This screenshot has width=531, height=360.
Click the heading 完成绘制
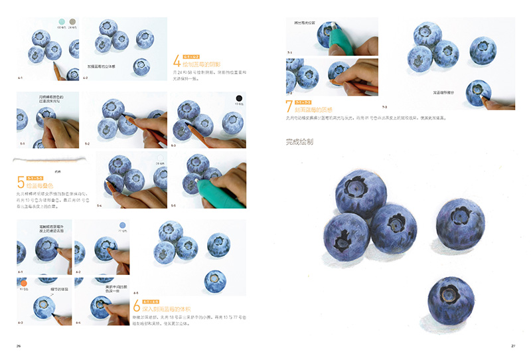coord(299,141)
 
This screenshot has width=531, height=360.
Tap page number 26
coord(19,346)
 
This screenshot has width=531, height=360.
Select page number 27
coord(513,346)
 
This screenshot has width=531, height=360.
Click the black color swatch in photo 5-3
coord(238,100)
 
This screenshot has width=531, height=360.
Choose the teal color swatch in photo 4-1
coord(62,22)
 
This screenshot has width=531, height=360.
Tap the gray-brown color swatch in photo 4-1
coord(72,22)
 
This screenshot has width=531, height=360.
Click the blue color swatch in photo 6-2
coord(121,226)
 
